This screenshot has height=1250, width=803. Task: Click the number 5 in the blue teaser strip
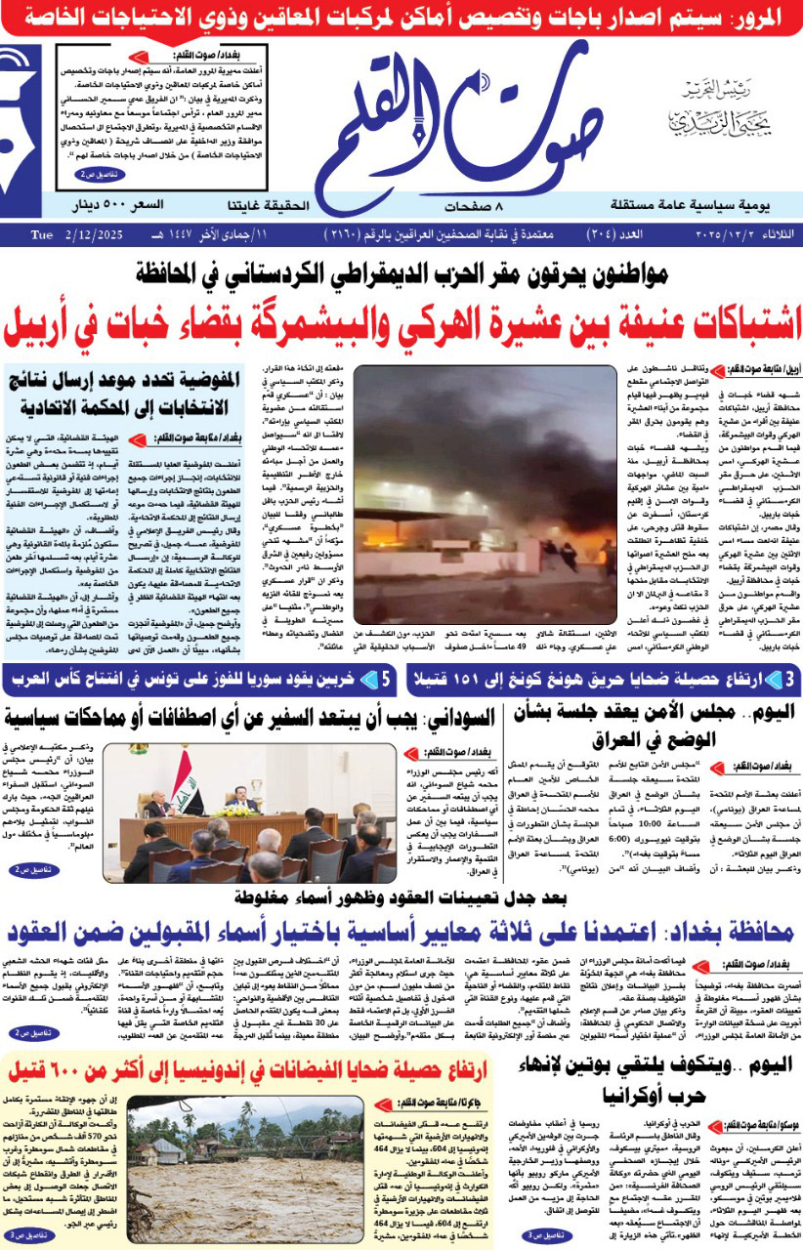[387, 679]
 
